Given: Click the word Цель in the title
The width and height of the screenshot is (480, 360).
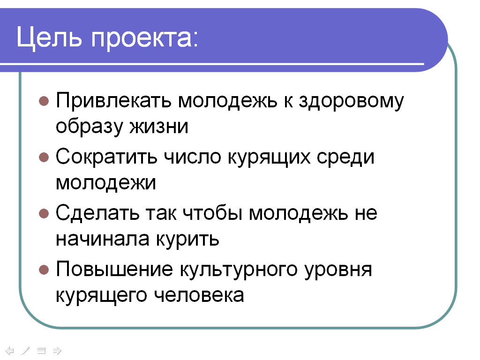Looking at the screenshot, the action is click(49, 38).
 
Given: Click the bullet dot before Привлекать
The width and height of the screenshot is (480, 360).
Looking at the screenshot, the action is click(44, 101).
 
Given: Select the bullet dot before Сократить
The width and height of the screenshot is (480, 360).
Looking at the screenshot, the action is click(44, 157).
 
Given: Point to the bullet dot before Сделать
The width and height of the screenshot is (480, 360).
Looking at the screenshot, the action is click(44, 213).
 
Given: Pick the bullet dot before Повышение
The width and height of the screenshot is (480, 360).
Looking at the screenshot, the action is click(44, 270).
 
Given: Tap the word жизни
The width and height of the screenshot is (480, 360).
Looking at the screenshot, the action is click(158, 127).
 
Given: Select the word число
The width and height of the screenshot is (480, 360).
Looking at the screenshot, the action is click(193, 157).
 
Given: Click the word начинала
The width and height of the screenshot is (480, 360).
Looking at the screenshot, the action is click(103, 239).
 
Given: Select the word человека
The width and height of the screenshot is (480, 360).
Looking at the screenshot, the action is click(199, 295).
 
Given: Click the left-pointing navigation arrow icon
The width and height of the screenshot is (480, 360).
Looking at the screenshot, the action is click(10, 350).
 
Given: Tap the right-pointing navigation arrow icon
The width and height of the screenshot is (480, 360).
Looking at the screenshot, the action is click(57, 350).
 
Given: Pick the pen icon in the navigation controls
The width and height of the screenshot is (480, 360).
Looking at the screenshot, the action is click(25, 350).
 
